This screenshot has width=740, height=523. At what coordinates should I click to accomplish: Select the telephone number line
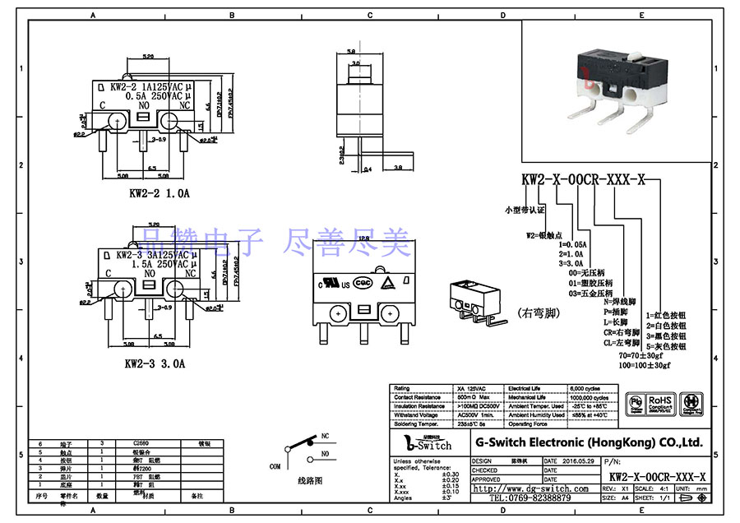coord(531,498)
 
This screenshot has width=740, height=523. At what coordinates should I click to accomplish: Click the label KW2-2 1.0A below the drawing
coord(157,194)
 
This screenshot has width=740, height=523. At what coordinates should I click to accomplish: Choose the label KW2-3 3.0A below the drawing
coord(155,362)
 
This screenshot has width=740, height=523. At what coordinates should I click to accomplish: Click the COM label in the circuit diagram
coord(275,465)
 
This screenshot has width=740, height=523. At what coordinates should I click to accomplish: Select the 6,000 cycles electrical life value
coord(585,387)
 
